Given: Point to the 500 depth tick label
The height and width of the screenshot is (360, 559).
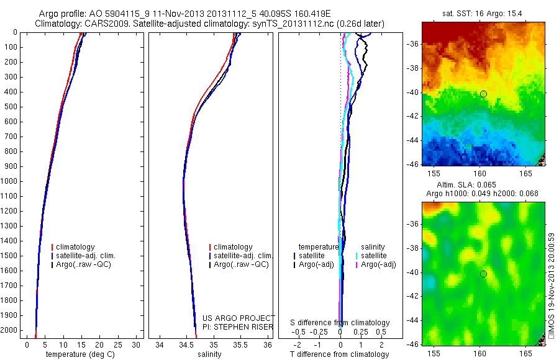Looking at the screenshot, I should point(12,107).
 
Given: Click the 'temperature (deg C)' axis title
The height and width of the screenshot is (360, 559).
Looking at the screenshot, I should point(79,354).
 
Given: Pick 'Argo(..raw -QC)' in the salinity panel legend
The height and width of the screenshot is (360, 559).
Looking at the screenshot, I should point(241,264).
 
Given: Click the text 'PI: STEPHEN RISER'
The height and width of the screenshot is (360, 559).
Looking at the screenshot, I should point(239,326).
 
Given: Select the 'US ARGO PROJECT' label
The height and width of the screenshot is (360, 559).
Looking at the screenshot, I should point(239,318).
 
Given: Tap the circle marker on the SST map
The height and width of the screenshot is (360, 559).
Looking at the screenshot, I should point(483,94).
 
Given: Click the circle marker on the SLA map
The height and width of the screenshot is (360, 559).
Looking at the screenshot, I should point(483,274).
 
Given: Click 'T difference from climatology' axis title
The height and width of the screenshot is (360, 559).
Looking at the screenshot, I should point(339,354).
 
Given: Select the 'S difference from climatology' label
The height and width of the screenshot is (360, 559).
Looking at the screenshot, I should point(340,323).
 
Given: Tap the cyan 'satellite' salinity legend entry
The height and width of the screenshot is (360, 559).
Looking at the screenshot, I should point(373,256).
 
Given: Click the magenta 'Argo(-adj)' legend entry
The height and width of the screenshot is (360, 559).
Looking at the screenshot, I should point(378,264).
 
